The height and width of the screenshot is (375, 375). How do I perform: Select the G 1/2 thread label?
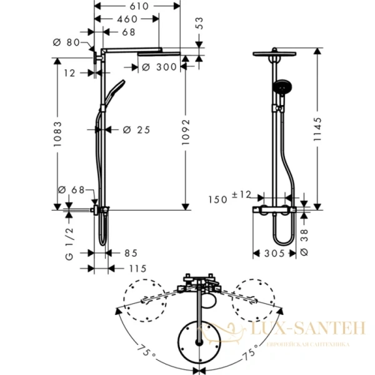pyautogui.click(x=70, y=246)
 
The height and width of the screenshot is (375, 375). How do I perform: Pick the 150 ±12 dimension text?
pyautogui.click(x=230, y=198)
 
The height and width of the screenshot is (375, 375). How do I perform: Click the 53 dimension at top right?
pyautogui.click(x=199, y=24)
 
